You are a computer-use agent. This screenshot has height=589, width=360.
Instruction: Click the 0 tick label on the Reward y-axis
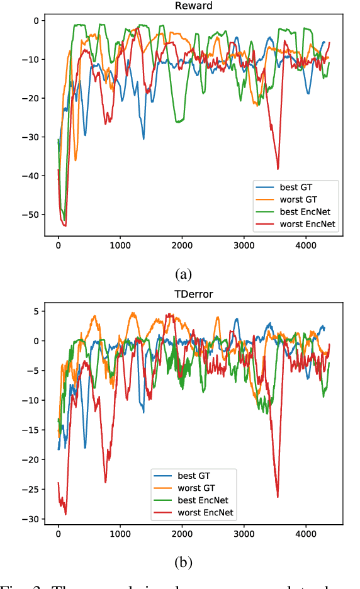37,20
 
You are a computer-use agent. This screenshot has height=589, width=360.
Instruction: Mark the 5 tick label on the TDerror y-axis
37,311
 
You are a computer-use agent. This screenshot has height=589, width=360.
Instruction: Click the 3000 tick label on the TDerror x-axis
244,534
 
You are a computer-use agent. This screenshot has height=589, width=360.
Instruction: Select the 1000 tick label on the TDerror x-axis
120,534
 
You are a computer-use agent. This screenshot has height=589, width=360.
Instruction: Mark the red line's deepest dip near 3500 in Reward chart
278,169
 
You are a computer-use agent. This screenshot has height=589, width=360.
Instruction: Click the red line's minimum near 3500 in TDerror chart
278,496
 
